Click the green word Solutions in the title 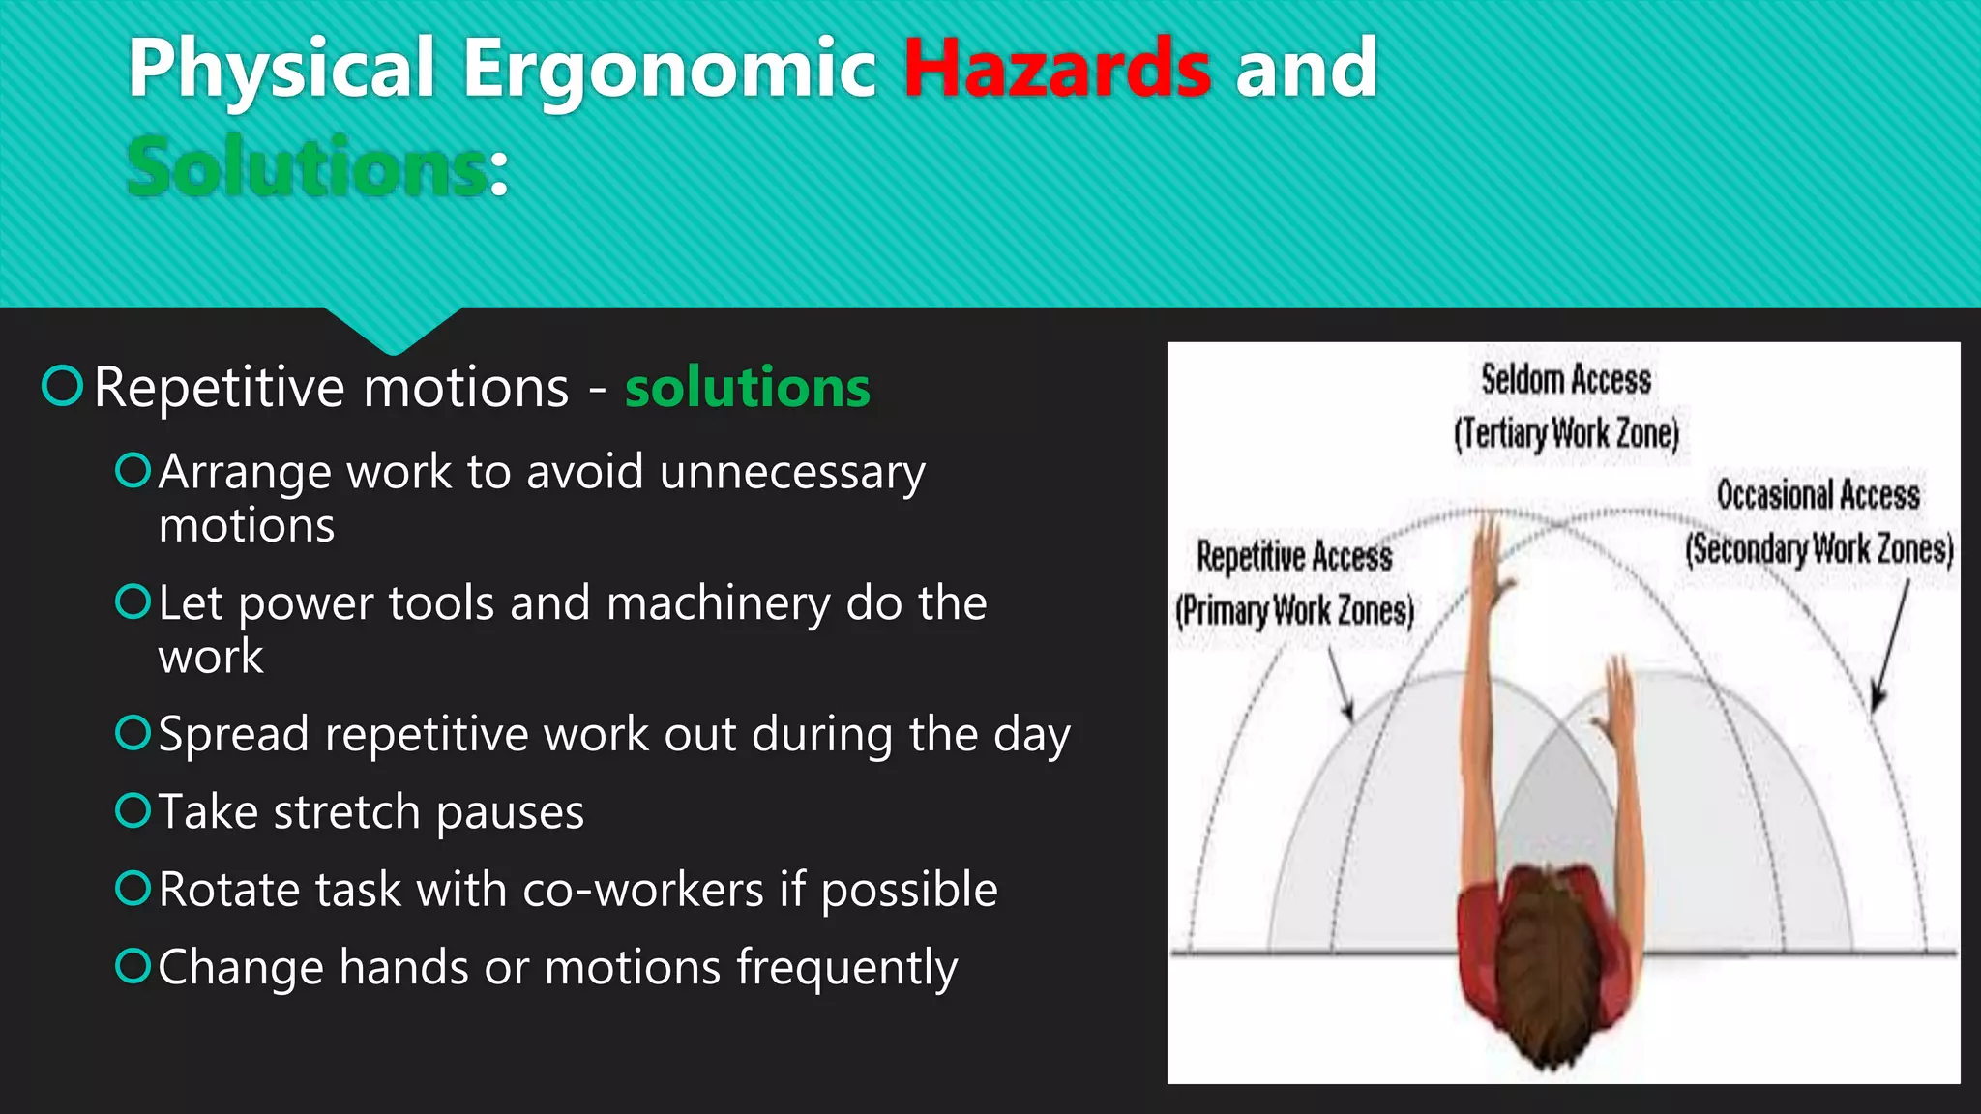[x=308, y=168]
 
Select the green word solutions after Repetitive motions [x=747, y=388]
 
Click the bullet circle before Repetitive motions [x=63, y=386]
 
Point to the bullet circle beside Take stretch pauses [x=133, y=810]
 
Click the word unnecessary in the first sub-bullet [x=792, y=473]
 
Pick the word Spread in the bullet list [x=233, y=734]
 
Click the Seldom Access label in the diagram [x=1565, y=379]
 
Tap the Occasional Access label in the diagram [x=1818, y=494]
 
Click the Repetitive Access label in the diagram [x=1294, y=556]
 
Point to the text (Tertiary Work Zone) [x=1566, y=433]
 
